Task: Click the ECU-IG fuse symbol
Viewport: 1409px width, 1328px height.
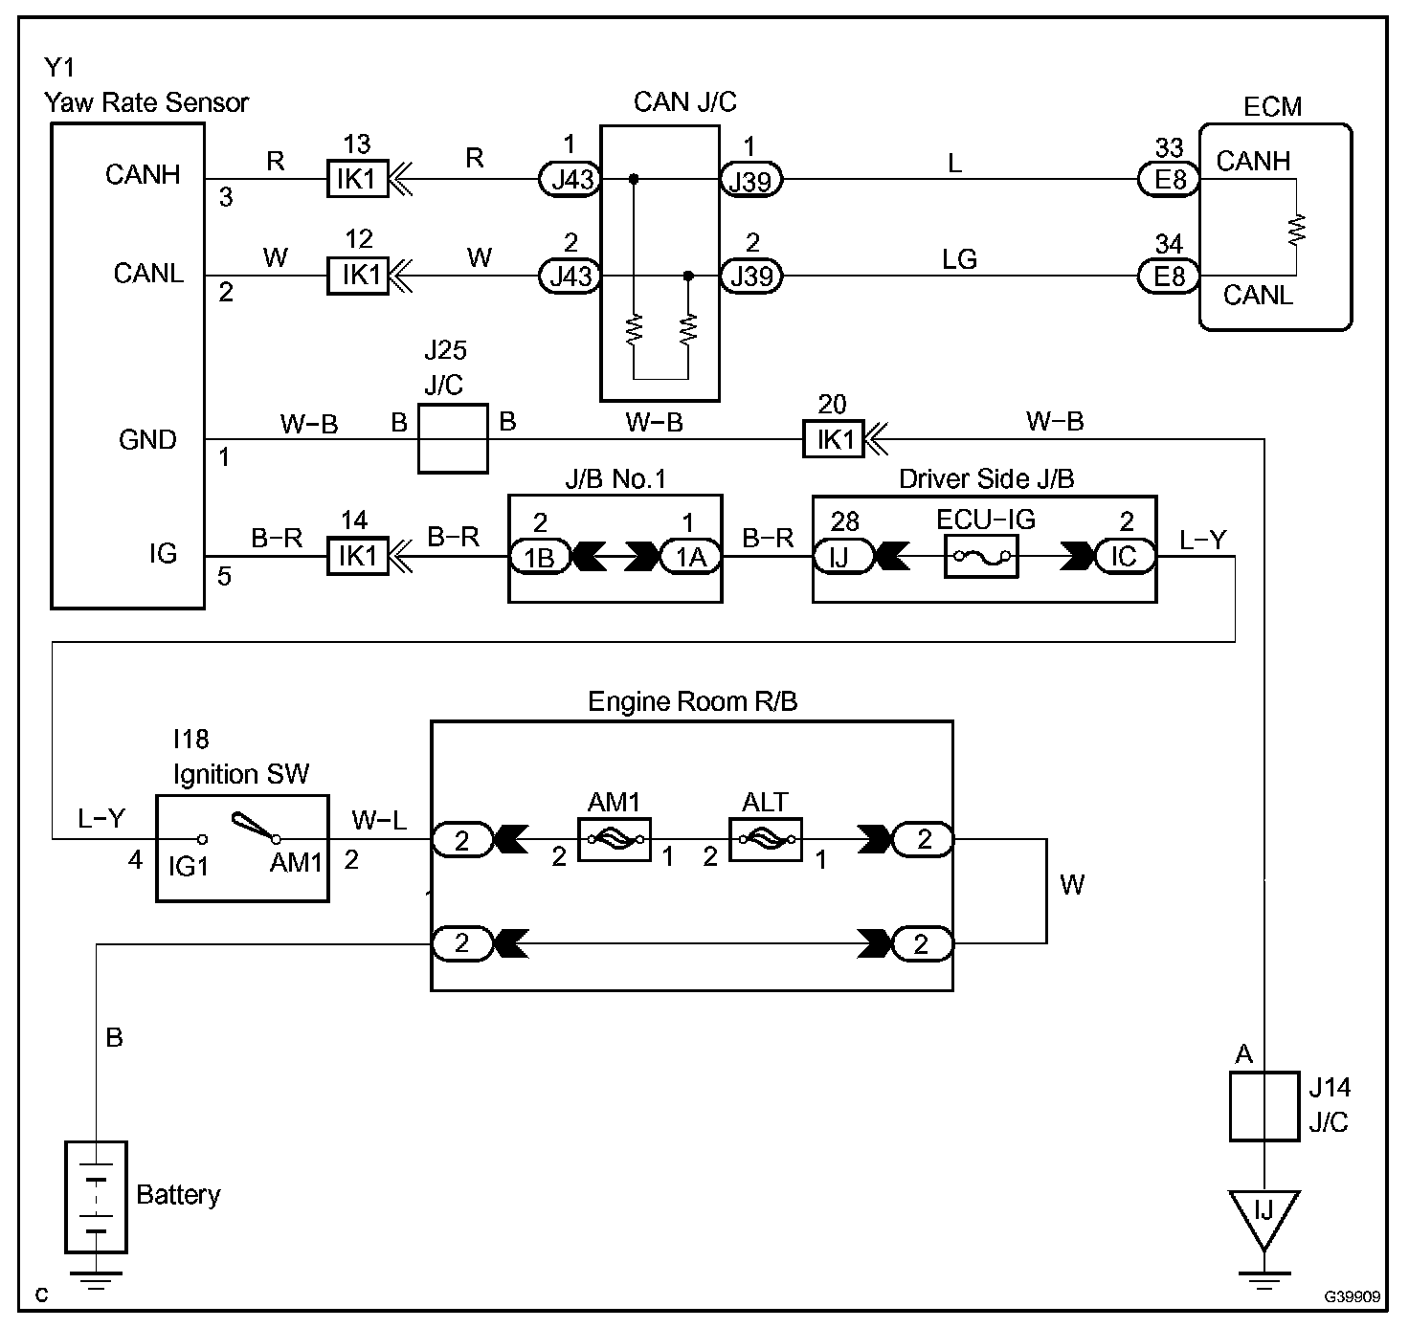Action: (x=981, y=556)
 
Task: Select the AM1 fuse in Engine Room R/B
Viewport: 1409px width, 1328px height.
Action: (x=615, y=840)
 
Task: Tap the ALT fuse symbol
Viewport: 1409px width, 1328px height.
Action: (x=766, y=840)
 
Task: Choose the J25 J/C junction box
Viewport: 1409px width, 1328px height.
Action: (x=453, y=438)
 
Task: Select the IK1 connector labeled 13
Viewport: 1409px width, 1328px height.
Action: (x=358, y=179)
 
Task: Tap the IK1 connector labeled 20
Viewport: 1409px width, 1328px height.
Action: (x=834, y=439)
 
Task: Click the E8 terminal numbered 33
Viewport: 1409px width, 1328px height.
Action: (x=1169, y=179)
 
